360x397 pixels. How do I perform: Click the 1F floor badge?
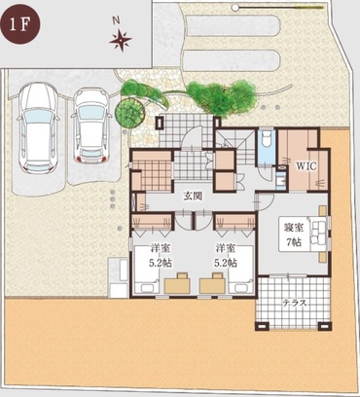tap(21, 24)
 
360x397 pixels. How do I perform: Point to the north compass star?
tap(121, 41)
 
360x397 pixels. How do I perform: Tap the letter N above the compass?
tap(116, 20)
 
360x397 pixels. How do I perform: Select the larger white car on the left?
tap(38, 126)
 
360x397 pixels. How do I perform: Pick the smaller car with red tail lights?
tap(90, 126)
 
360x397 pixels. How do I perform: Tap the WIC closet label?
tap(306, 166)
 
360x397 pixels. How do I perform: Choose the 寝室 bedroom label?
tap(295, 228)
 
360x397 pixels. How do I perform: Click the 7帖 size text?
tap(295, 242)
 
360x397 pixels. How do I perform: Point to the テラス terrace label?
tap(295, 303)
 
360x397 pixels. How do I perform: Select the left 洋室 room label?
tap(161, 248)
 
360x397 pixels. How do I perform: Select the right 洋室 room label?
tap(226, 248)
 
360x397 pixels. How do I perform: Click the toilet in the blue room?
tap(267, 135)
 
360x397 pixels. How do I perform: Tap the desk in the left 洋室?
tap(177, 284)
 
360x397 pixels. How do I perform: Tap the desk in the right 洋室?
tap(212, 284)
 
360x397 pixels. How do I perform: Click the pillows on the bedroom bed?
tap(318, 232)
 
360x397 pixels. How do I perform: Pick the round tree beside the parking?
tap(129, 110)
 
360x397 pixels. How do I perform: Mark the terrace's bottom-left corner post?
tap(262, 326)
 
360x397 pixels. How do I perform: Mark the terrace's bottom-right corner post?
tap(325, 326)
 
